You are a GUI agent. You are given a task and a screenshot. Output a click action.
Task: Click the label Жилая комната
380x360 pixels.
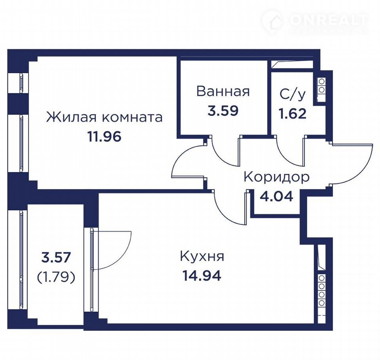point(104,117)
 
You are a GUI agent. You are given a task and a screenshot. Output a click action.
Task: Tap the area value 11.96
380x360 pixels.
point(104,137)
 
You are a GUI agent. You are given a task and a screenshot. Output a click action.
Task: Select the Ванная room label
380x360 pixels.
point(223,91)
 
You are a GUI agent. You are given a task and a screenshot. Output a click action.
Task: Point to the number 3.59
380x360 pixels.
point(223,111)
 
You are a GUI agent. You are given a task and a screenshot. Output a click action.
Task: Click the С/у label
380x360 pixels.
point(293,95)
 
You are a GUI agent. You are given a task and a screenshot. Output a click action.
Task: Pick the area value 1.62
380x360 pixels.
point(293,114)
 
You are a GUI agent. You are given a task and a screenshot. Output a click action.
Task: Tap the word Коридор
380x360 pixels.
point(277,177)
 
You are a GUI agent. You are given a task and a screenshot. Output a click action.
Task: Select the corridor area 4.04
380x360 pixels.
point(277,196)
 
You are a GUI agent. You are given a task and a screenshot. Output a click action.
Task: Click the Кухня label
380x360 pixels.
point(202,256)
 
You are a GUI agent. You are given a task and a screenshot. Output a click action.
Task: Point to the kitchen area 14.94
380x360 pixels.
point(202,276)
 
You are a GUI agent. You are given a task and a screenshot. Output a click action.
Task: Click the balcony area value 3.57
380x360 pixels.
point(56,257)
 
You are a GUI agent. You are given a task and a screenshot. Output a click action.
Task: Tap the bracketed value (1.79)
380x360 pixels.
point(56,278)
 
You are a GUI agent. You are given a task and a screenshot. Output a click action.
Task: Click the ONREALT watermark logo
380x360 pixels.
point(315,21)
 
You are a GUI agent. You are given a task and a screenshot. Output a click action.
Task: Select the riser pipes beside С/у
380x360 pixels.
point(321,86)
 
